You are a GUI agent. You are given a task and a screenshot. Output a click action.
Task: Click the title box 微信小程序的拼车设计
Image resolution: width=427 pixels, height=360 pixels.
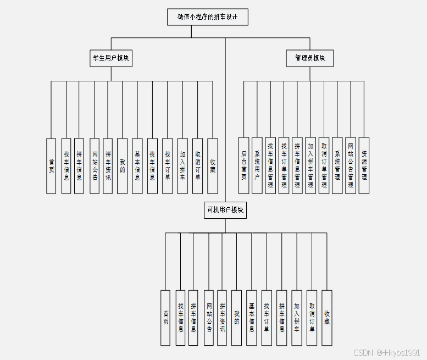click(x=208, y=17)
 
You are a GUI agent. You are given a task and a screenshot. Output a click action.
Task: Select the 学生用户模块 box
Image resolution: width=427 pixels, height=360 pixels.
click(x=111, y=58)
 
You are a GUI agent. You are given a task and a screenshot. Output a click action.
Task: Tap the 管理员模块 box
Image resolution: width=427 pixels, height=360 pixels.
click(x=310, y=58)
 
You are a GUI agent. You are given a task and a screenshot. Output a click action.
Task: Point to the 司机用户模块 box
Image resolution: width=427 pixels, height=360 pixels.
click(x=225, y=210)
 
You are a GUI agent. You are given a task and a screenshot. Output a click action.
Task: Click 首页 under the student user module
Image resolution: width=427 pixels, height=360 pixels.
click(x=51, y=165)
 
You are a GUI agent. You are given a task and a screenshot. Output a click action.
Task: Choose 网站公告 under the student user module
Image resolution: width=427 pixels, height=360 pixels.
click(x=95, y=165)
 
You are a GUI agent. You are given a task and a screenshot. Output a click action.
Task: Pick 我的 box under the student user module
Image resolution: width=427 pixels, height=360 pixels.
click(x=122, y=165)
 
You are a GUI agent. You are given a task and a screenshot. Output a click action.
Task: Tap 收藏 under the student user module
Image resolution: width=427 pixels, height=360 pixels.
click(x=213, y=165)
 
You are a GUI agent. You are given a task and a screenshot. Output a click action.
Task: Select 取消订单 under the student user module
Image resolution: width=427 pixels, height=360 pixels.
click(x=198, y=165)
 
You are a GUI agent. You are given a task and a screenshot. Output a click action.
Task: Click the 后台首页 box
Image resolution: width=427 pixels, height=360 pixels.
click(x=243, y=165)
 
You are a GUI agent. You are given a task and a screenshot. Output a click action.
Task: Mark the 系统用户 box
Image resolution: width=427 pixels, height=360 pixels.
click(x=257, y=165)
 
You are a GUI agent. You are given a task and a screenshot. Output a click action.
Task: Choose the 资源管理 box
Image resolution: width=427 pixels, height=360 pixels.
click(x=364, y=165)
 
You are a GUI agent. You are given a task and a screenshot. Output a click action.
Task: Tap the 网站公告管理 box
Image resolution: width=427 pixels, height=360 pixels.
click(x=351, y=165)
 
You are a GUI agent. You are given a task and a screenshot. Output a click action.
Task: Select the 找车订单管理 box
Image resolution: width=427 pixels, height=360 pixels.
click(x=284, y=165)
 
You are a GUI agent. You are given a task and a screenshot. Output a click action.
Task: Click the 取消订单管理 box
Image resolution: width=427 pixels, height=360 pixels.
click(x=324, y=165)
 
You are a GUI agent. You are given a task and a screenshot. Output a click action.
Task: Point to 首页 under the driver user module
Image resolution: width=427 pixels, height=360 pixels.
click(x=165, y=318)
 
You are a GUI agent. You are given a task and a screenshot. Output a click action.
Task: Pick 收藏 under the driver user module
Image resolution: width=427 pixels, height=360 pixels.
click(x=327, y=318)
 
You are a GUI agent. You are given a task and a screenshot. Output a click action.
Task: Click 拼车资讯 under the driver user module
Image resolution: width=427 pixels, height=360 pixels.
click(x=222, y=318)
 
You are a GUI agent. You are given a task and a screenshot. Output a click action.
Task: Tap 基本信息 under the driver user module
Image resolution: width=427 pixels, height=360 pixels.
click(x=252, y=318)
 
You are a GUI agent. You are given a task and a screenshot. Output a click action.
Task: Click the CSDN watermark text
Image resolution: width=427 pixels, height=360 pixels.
click(x=387, y=352)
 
